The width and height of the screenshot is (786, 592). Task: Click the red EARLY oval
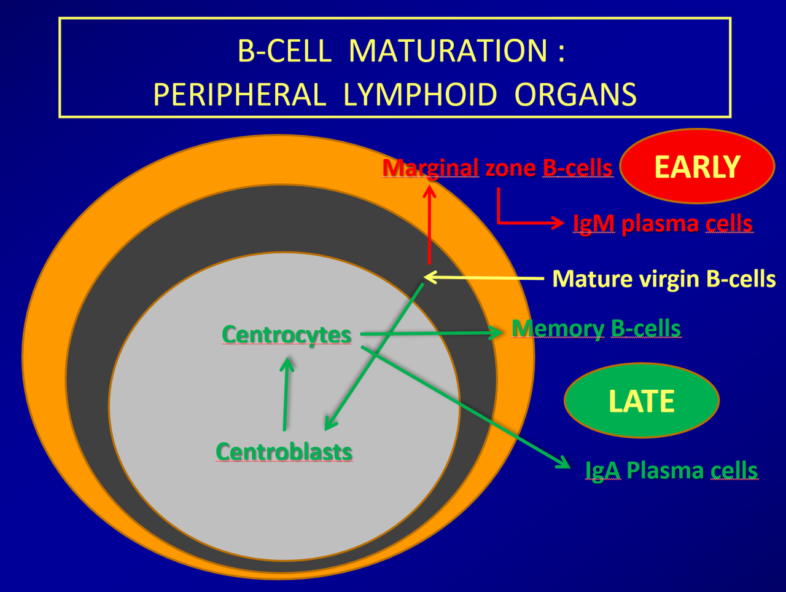point(697,167)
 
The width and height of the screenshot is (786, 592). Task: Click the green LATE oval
point(641,401)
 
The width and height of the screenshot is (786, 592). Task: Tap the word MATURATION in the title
point(448,50)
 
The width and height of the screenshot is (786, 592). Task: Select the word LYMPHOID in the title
point(420,95)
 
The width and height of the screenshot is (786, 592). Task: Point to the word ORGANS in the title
point(575,95)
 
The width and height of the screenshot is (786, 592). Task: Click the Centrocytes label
point(286,335)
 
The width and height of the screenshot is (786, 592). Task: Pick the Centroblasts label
point(284,452)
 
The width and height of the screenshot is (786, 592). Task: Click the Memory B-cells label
point(596,329)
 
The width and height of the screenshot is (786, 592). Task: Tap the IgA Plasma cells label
point(671,471)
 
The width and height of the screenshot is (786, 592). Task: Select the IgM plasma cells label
point(663,223)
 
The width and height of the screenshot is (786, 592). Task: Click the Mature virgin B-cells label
point(664,278)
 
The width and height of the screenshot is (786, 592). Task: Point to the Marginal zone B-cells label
point(497,168)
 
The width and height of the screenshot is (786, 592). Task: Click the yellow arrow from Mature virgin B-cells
point(485,277)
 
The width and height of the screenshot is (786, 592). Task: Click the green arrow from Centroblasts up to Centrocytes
point(286,393)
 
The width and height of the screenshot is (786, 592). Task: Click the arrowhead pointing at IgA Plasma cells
point(563,463)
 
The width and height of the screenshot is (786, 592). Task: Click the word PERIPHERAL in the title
point(239,95)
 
